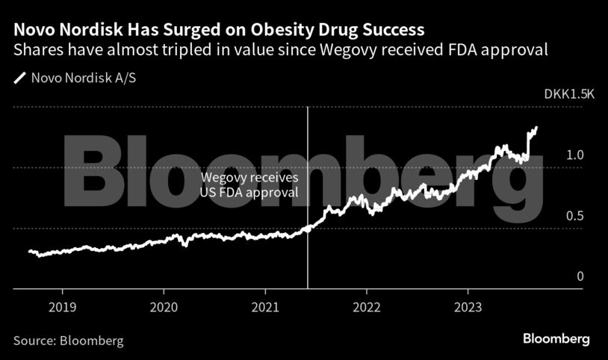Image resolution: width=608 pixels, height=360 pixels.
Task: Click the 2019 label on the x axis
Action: [62, 306]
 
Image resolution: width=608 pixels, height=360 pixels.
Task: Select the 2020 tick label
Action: [164, 306]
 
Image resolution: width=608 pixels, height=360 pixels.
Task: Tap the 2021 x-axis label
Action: [265, 306]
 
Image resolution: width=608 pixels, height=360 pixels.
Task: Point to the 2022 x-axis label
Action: [367, 306]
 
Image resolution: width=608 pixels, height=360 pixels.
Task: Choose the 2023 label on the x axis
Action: [468, 306]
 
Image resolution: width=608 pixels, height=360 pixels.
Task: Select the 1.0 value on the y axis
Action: [574, 155]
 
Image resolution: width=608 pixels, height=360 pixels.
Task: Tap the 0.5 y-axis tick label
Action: [574, 216]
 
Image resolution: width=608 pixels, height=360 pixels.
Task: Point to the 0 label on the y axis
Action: [580, 277]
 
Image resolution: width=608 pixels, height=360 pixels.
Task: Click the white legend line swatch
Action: [19, 77]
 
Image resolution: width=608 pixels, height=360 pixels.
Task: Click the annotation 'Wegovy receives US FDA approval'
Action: [249, 185]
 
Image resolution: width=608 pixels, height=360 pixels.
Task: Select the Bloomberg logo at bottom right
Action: [555, 339]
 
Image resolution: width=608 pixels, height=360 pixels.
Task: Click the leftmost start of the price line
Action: [29, 251]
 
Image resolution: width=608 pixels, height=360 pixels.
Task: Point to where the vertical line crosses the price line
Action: [308, 229]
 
